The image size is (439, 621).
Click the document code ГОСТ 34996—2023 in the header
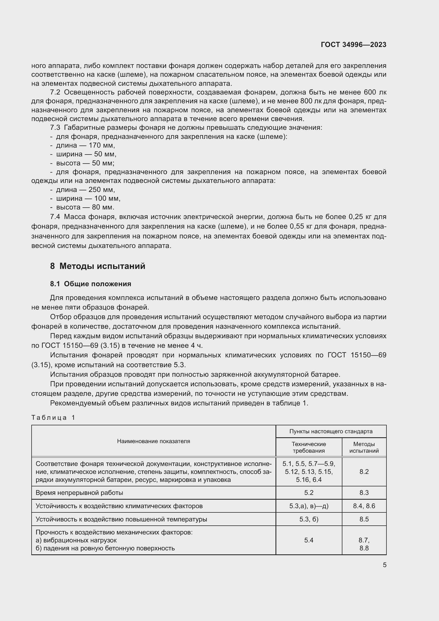(353, 45)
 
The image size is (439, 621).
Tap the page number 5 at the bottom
(384, 565)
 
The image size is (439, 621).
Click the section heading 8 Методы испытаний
(98, 266)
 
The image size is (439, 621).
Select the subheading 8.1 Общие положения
(91, 284)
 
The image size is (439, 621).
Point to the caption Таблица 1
(53, 417)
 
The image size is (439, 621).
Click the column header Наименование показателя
(153, 441)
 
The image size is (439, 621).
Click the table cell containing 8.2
(364, 472)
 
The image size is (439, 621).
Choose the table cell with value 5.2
(309, 493)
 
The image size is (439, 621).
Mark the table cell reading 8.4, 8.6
(364, 506)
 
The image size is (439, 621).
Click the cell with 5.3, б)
(309, 519)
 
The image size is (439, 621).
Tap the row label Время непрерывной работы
(79, 493)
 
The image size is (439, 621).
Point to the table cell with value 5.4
(309, 540)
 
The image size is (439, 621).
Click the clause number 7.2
(55, 92)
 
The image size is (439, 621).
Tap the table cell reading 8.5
(364, 519)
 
